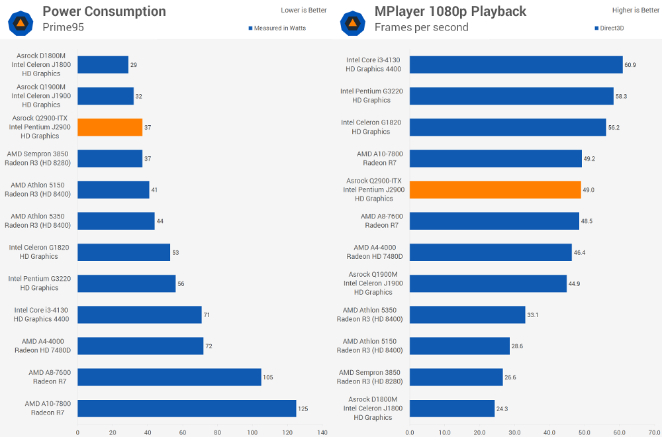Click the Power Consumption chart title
[x=104, y=11]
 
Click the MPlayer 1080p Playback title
[x=450, y=11]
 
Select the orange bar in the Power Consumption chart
[x=110, y=127]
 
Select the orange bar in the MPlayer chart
[x=495, y=189]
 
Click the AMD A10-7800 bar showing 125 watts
[x=187, y=409]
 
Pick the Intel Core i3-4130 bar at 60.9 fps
[x=516, y=64]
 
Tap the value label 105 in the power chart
[x=268, y=377]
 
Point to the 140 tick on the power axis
[x=322, y=432]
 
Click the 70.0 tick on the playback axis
[x=654, y=432]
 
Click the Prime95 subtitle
[x=64, y=27]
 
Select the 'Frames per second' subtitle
[x=421, y=27]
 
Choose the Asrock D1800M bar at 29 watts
[x=103, y=64]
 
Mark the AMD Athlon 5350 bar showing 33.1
[x=467, y=315]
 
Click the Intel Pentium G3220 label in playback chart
[x=371, y=96]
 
